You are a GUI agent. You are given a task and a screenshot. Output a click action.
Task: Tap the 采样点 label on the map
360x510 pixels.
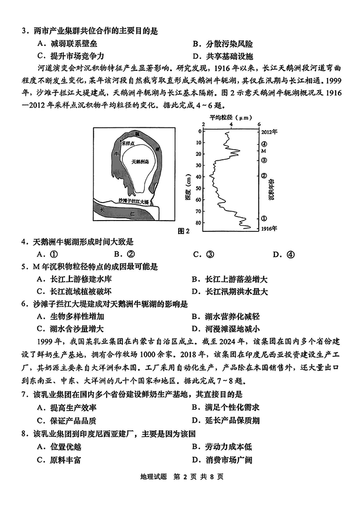pos(128,143)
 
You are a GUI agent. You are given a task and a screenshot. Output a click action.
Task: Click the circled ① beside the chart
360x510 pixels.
pos(265,218)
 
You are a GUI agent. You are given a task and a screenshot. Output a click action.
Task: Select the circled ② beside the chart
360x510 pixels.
pos(265,176)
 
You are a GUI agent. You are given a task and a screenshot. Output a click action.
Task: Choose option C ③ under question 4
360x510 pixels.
pos(203,254)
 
